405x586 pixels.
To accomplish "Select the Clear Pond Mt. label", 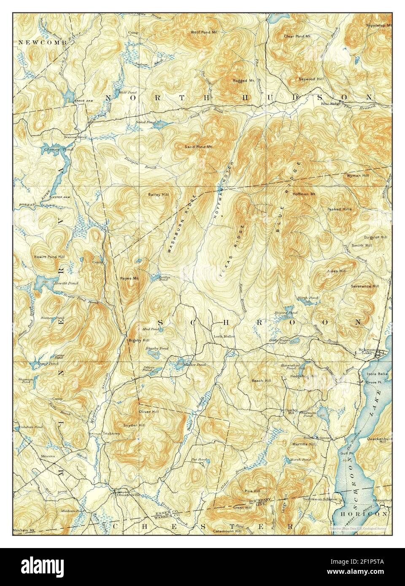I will pos(294,36).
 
